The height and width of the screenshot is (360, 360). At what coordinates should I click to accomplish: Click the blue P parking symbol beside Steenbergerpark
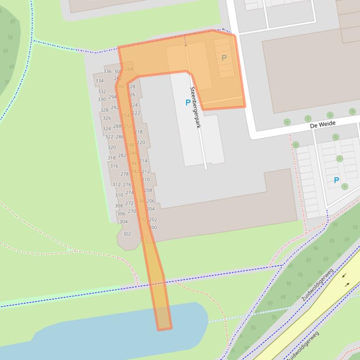[188, 102]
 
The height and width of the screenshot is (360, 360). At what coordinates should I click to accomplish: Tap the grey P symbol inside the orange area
[224, 58]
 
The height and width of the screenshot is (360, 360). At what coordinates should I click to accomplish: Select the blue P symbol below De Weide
[336, 180]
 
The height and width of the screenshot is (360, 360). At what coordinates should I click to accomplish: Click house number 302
[127, 234]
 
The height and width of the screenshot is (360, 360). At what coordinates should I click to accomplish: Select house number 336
[108, 72]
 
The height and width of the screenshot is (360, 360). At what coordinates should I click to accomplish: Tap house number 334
[99, 81]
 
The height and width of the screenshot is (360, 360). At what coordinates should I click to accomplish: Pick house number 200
[153, 228]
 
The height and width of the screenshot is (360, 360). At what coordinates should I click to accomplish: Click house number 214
[143, 161]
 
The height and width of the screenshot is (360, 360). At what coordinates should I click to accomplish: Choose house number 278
[125, 174]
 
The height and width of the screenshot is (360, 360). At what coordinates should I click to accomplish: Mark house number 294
[112, 97]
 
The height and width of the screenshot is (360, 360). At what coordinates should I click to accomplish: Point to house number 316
[114, 166]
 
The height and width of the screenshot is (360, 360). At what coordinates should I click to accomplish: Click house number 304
[123, 222]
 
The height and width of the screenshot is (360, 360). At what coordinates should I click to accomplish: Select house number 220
[141, 143]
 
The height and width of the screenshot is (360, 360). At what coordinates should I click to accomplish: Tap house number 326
[107, 118]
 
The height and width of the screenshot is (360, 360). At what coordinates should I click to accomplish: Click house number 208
[148, 190]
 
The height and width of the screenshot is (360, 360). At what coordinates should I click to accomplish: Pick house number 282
[122, 156]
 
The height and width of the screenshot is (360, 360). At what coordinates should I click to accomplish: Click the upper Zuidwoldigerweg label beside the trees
[317, 284]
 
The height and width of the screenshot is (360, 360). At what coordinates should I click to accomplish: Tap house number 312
[117, 185]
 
